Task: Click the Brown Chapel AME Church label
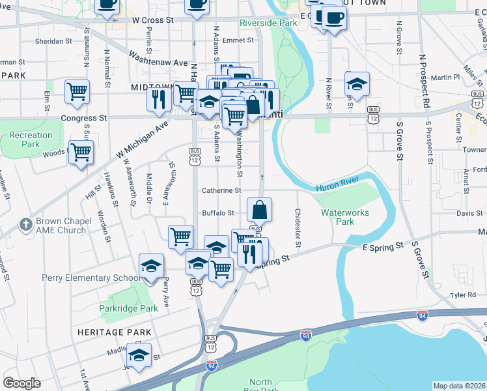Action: (x=61, y=225)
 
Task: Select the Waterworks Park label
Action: (x=344, y=217)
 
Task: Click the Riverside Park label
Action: (x=268, y=22)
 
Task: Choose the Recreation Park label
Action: (x=31, y=139)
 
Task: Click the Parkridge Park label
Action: (x=128, y=308)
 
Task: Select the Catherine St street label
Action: (x=221, y=191)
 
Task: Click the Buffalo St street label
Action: (x=218, y=213)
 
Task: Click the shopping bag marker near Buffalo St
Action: (x=259, y=210)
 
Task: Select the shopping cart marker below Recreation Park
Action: (x=81, y=153)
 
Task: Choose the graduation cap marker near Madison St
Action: (x=139, y=355)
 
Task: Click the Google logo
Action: (x=21, y=383)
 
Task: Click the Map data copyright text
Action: (x=459, y=386)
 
